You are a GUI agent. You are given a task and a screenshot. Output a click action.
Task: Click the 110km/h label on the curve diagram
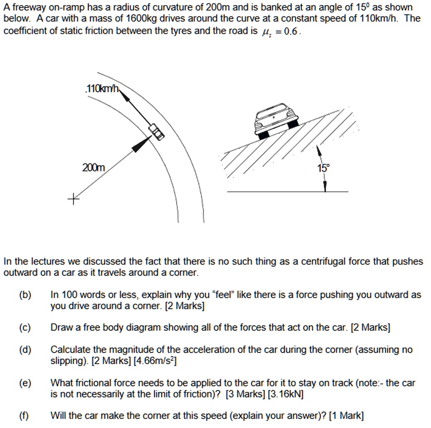(103, 89)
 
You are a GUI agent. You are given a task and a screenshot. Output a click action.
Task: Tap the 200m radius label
(93, 168)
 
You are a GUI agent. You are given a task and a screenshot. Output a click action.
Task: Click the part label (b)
(25, 295)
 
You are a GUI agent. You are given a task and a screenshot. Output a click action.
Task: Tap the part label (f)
(24, 416)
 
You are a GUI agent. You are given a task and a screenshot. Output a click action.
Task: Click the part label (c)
(24, 327)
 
